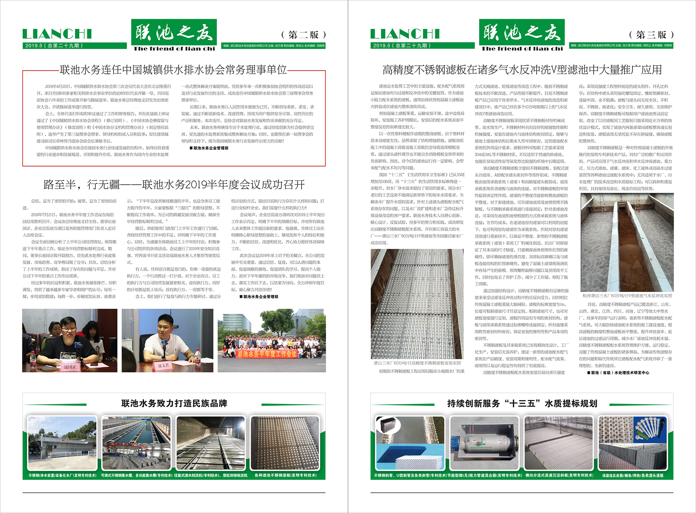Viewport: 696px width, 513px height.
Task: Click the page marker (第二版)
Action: (303, 35)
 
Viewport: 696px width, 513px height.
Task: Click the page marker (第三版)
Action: (651, 35)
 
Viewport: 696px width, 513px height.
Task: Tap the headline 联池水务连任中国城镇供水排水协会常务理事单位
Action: (173, 70)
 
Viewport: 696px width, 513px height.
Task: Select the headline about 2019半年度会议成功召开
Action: (174, 184)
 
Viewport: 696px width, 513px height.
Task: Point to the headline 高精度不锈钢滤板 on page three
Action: (522, 70)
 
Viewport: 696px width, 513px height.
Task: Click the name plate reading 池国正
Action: (70, 367)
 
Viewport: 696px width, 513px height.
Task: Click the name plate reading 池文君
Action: (163, 365)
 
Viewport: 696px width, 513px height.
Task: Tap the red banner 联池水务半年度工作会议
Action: (267, 354)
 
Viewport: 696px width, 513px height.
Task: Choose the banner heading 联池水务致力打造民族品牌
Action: (174, 403)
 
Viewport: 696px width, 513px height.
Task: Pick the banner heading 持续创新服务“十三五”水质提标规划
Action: (522, 403)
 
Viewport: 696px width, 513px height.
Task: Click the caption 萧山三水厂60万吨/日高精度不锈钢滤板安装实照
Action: (417, 363)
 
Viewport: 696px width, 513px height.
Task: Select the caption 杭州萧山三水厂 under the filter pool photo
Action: (627, 296)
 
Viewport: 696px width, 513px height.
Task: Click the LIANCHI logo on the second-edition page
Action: (57, 34)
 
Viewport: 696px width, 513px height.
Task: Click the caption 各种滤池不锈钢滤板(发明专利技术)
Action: (285, 475)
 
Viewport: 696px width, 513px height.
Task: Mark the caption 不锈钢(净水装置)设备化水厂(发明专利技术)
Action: (63, 475)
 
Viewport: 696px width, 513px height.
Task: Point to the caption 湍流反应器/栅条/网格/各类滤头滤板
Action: (633, 475)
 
